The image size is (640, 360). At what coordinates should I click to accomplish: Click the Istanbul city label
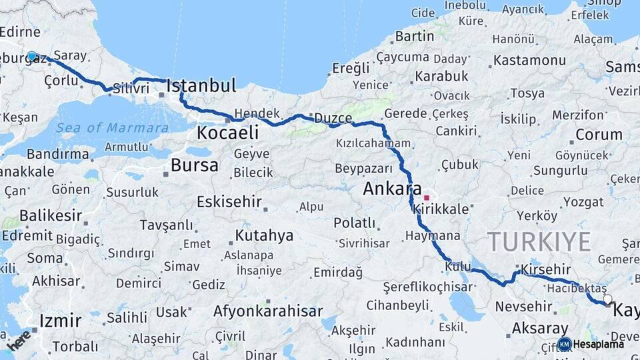(201, 85)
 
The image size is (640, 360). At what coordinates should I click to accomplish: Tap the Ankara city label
(392, 189)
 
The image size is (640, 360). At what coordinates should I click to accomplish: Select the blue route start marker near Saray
(31, 57)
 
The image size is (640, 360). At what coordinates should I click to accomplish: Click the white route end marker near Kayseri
(607, 299)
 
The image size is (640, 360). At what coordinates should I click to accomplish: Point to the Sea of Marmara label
(112, 128)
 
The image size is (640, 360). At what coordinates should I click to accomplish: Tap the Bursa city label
(194, 165)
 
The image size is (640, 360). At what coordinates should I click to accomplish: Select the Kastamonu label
(529, 60)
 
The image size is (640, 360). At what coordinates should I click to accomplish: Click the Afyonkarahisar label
(268, 311)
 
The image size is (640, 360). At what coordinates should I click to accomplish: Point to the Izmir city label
(60, 321)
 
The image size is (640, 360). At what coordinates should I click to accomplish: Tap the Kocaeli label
(227, 133)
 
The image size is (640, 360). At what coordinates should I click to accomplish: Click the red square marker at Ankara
(427, 198)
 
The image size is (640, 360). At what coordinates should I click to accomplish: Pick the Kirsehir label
(545, 268)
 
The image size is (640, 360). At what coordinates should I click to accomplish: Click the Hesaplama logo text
(598, 344)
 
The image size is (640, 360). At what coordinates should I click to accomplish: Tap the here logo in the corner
(19, 340)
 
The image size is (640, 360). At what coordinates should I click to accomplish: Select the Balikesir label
(51, 216)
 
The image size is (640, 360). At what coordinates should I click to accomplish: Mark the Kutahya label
(264, 235)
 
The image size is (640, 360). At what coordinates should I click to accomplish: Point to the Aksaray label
(540, 328)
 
